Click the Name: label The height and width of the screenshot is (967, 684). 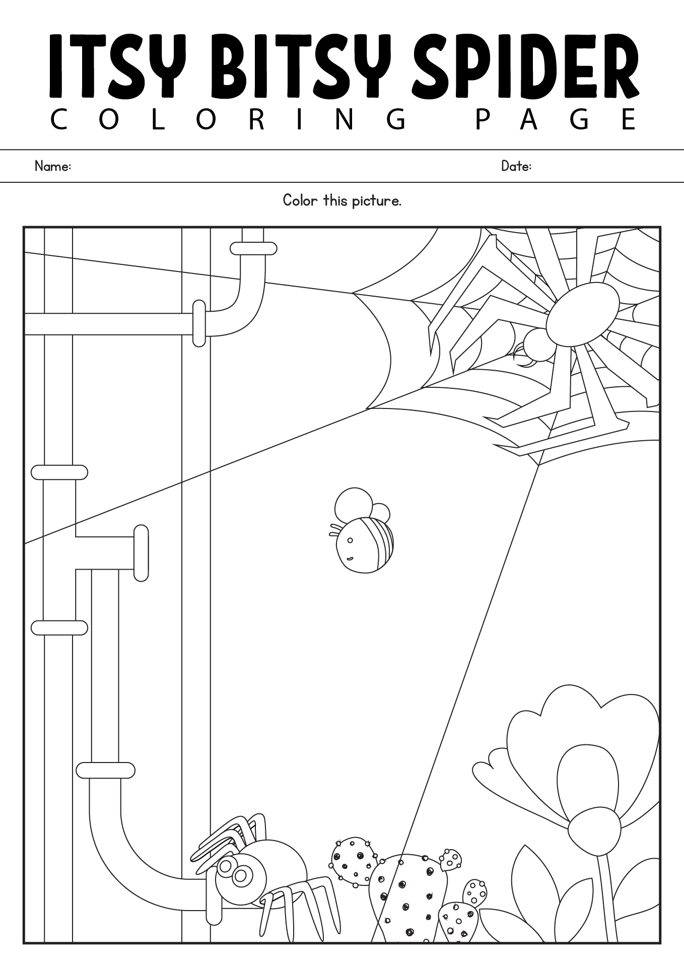pyautogui.click(x=52, y=166)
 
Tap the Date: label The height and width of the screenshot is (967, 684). pyautogui.click(x=516, y=166)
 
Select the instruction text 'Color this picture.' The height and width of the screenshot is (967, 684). pyautogui.click(x=342, y=201)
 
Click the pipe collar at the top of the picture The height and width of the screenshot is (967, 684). pyautogui.click(x=253, y=248)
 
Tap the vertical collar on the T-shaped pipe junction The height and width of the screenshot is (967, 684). pyautogui.click(x=141, y=554)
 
